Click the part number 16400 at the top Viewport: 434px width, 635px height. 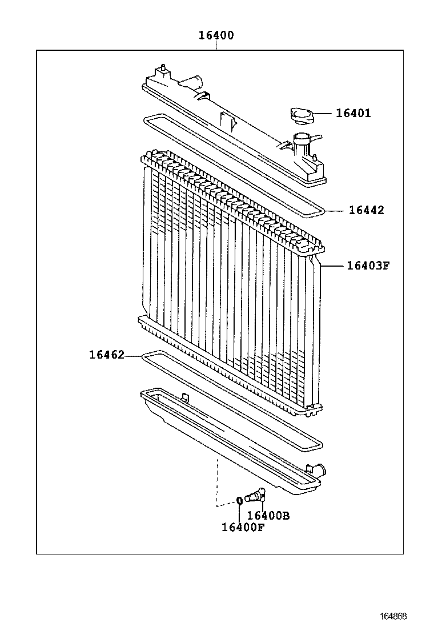point(216,35)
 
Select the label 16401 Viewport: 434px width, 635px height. point(353,113)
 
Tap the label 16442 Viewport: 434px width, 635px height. point(366,210)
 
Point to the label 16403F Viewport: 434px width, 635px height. point(367,266)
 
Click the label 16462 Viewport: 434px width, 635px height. point(107,355)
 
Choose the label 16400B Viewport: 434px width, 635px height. point(268,516)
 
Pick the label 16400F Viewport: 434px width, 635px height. point(243,527)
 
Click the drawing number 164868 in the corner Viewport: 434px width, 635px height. point(393,617)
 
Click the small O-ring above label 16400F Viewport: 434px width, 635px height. point(240,501)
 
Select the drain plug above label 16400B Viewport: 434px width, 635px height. point(255,495)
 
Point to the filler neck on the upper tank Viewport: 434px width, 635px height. point(301,140)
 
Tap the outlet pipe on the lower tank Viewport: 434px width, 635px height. point(318,471)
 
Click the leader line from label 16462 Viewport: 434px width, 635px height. point(132,355)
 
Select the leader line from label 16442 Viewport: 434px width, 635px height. point(336,211)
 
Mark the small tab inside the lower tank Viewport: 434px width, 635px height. point(184,396)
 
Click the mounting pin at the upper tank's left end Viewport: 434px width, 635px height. point(164,69)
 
